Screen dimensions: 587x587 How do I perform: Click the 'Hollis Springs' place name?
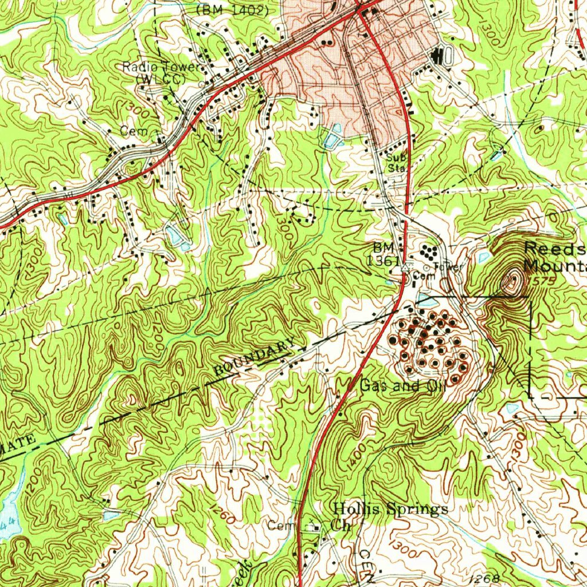390,508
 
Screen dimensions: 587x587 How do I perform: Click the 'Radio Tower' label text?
162,68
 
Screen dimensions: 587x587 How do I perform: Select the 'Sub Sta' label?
394,163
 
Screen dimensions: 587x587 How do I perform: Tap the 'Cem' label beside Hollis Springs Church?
280,526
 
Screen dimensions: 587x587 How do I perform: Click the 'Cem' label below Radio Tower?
130,131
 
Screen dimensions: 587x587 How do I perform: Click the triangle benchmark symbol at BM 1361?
406,268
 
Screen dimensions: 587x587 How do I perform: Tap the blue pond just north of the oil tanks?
426,299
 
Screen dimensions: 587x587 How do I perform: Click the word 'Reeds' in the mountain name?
554,249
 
